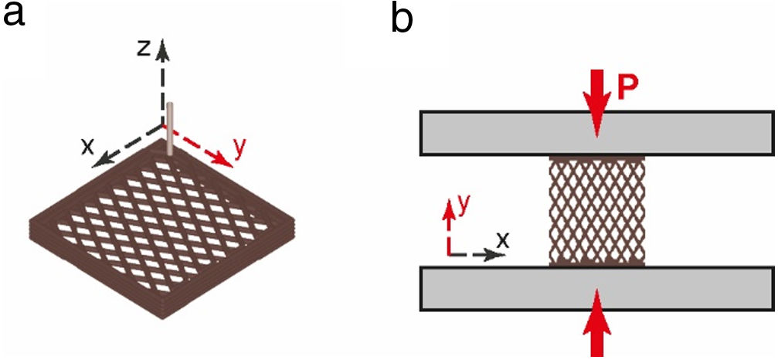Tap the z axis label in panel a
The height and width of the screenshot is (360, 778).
point(144,48)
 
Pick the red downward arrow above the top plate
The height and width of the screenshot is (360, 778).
point(596,97)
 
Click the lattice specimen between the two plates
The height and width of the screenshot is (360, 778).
point(596,210)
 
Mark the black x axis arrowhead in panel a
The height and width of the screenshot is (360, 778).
point(98,161)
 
